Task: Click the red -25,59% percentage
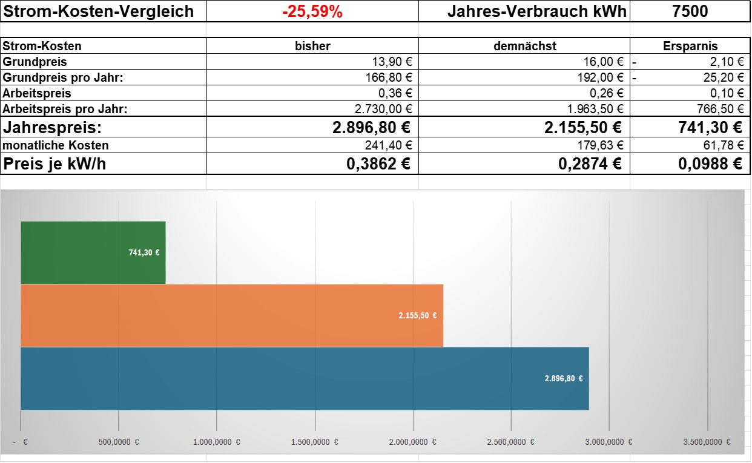pos(312,11)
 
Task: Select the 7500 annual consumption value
pos(690,11)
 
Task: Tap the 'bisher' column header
pos(312,46)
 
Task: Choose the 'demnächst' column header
pos(525,46)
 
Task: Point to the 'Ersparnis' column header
pos(690,46)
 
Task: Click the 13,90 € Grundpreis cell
pos(392,62)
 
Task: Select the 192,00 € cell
pos(600,77)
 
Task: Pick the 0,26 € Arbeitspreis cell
pos(606,93)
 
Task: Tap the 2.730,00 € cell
pos(383,109)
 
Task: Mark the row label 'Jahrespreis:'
pos(52,128)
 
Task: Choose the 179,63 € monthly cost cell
pos(600,145)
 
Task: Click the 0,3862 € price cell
pos(378,164)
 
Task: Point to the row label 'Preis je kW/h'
pos(54,164)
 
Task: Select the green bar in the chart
pos(93,252)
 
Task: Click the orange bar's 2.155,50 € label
pos(418,315)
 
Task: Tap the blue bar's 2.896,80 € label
pos(564,378)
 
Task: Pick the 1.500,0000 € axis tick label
pos(315,442)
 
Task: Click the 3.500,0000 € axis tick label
pos(707,442)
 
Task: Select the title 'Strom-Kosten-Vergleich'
pos(98,11)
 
